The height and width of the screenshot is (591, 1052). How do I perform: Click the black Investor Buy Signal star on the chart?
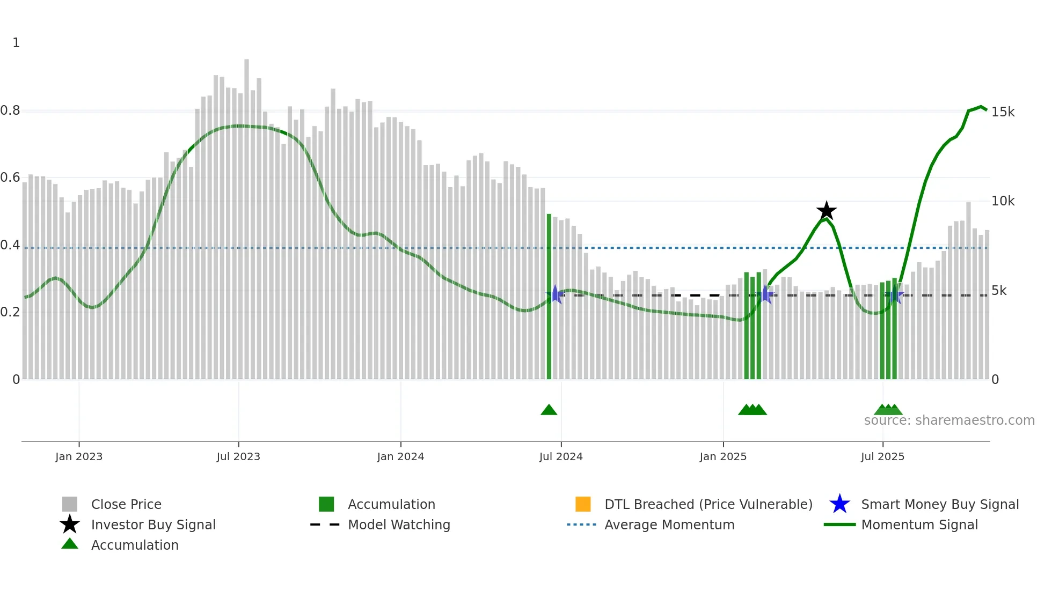pyautogui.click(x=827, y=211)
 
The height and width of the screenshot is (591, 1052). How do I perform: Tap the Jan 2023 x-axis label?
pyautogui.click(x=79, y=456)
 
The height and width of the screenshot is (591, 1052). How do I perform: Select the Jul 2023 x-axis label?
pyautogui.click(x=238, y=456)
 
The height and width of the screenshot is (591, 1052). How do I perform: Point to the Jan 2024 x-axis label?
pyautogui.click(x=400, y=456)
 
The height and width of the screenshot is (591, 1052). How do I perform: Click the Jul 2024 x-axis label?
pyautogui.click(x=561, y=456)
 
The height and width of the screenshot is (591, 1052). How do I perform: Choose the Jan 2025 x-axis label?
pyautogui.click(x=723, y=456)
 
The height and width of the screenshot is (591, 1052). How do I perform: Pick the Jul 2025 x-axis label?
pyautogui.click(x=882, y=456)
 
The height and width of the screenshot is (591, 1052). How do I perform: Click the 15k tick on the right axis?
pyautogui.click(x=1003, y=112)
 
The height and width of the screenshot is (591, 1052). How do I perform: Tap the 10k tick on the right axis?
pyautogui.click(x=1003, y=201)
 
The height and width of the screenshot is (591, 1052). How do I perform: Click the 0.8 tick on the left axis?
pyautogui.click(x=10, y=111)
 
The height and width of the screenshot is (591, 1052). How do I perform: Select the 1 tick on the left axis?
pyautogui.click(x=16, y=43)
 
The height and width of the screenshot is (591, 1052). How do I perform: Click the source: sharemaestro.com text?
pyautogui.click(x=949, y=420)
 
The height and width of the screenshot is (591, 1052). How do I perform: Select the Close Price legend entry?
pyautogui.click(x=126, y=504)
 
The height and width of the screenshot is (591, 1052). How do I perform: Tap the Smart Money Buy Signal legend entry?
pyautogui.click(x=939, y=504)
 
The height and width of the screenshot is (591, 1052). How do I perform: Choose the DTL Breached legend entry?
pyautogui.click(x=708, y=504)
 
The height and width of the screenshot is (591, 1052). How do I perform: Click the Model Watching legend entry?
pyautogui.click(x=399, y=524)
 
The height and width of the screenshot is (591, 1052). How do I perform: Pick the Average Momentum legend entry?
pyautogui.click(x=669, y=524)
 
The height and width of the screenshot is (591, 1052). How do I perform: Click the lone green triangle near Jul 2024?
pyautogui.click(x=549, y=410)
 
